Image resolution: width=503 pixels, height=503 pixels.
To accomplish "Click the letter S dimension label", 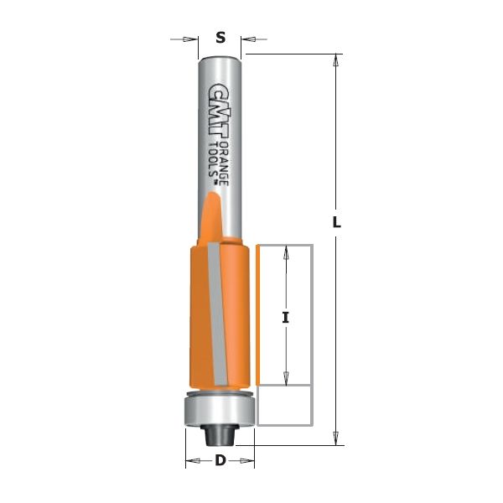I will pyautogui.click(x=220, y=37).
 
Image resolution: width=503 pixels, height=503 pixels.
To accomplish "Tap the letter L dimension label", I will pyautogui.click(x=336, y=223).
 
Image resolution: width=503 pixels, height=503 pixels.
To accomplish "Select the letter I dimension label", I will pyautogui.click(x=286, y=317).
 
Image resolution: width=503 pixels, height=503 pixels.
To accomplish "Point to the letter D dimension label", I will pyautogui.click(x=220, y=460).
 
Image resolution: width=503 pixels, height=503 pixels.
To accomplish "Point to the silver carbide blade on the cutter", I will pyautogui.click(x=217, y=319).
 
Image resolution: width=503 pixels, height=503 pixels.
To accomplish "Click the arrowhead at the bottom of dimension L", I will pyautogui.click(x=336, y=438).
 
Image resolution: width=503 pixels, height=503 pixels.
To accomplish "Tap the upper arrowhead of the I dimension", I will pyautogui.click(x=286, y=251).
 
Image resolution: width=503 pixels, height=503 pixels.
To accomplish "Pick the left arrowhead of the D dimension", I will pyautogui.click(x=192, y=460).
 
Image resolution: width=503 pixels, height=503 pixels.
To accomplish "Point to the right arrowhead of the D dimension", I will pyautogui.click(x=248, y=460).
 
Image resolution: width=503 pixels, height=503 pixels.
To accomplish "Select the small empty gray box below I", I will pyautogui.click(x=284, y=406).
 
